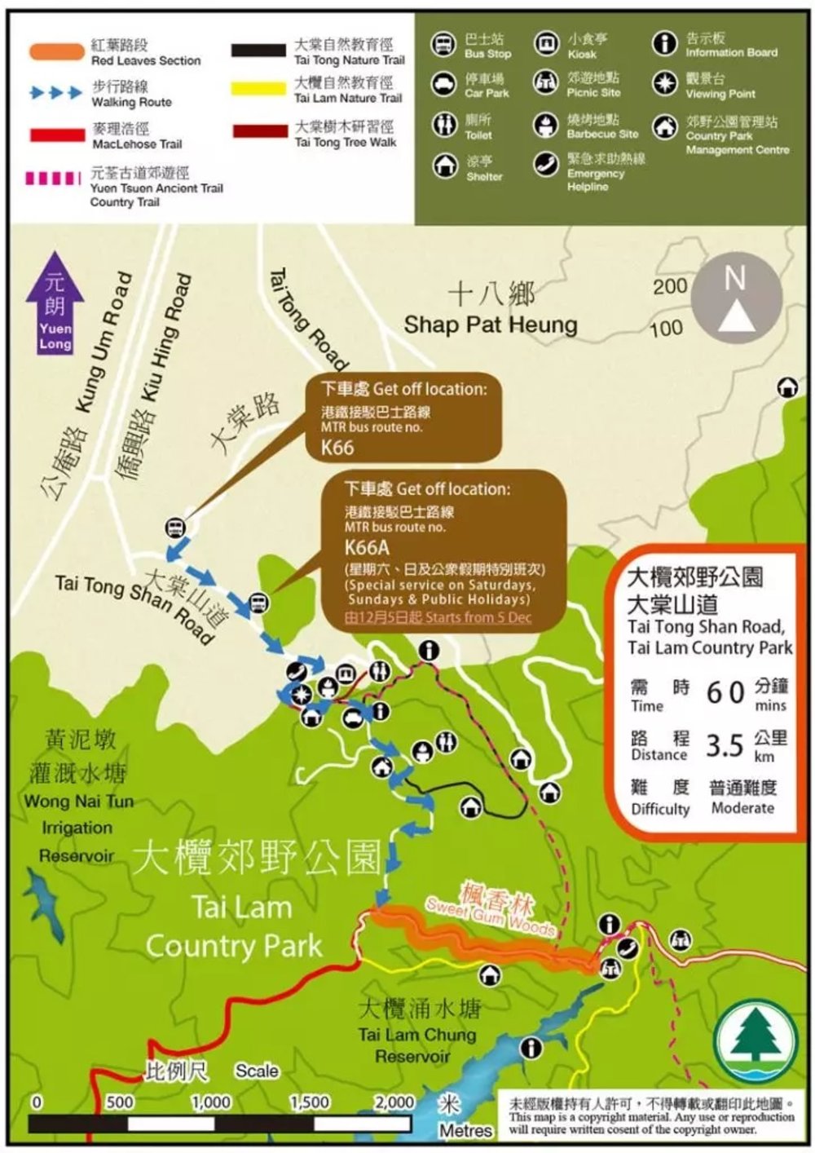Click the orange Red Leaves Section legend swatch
[x=56, y=52]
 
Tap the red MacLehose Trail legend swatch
[x=56, y=135]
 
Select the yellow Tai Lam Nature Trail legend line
[x=258, y=89]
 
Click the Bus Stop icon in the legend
[x=443, y=44]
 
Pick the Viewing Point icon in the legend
[x=665, y=83]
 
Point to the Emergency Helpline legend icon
[x=545, y=164]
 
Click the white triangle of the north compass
[x=735, y=314]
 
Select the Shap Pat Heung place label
[x=491, y=324]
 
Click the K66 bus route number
[x=337, y=447]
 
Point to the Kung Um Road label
[x=102, y=342]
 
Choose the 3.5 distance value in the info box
[x=724, y=745]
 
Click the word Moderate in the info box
[x=742, y=808]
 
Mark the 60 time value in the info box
[x=725, y=692]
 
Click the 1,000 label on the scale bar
[x=210, y=1102]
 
